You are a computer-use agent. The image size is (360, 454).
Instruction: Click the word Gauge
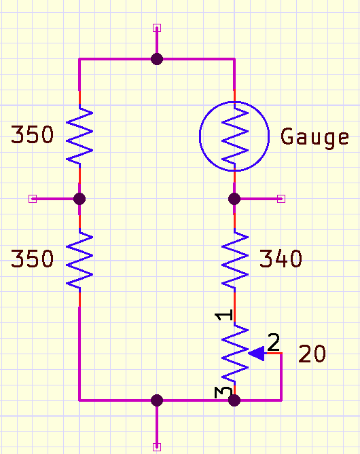click(x=315, y=137)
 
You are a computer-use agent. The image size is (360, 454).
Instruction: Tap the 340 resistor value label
click(x=281, y=259)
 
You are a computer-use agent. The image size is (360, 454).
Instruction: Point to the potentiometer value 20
click(x=312, y=354)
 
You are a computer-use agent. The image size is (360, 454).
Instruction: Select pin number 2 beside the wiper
click(x=273, y=342)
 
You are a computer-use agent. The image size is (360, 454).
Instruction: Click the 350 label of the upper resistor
click(x=32, y=135)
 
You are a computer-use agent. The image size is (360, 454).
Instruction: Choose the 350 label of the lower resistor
click(x=32, y=259)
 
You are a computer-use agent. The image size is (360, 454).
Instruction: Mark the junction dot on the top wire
click(x=157, y=59)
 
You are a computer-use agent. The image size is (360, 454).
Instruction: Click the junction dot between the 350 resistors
click(x=79, y=199)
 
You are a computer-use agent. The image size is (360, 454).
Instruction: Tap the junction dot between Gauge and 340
click(x=234, y=199)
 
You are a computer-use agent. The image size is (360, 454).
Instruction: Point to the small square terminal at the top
click(x=157, y=28)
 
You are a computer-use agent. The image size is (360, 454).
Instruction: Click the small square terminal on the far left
click(x=32, y=199)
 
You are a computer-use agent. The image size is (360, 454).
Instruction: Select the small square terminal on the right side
click(x=282, y=199)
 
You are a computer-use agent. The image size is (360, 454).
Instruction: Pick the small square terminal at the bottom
click(x=157, y=447)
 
